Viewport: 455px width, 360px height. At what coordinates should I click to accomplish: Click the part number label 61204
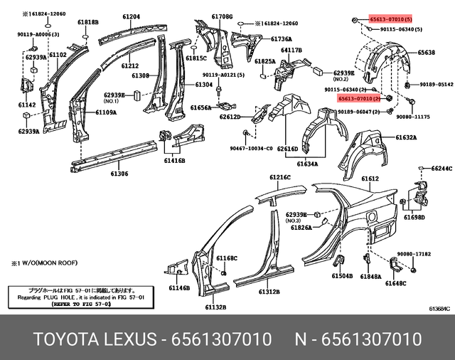coord(131,16)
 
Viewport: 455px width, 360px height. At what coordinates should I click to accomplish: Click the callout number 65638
coord(427,53)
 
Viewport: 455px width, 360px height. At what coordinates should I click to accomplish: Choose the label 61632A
coord(406,137)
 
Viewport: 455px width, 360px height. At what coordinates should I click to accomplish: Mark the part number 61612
coord(370,179)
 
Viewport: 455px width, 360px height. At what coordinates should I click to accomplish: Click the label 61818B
coord(87,23)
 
